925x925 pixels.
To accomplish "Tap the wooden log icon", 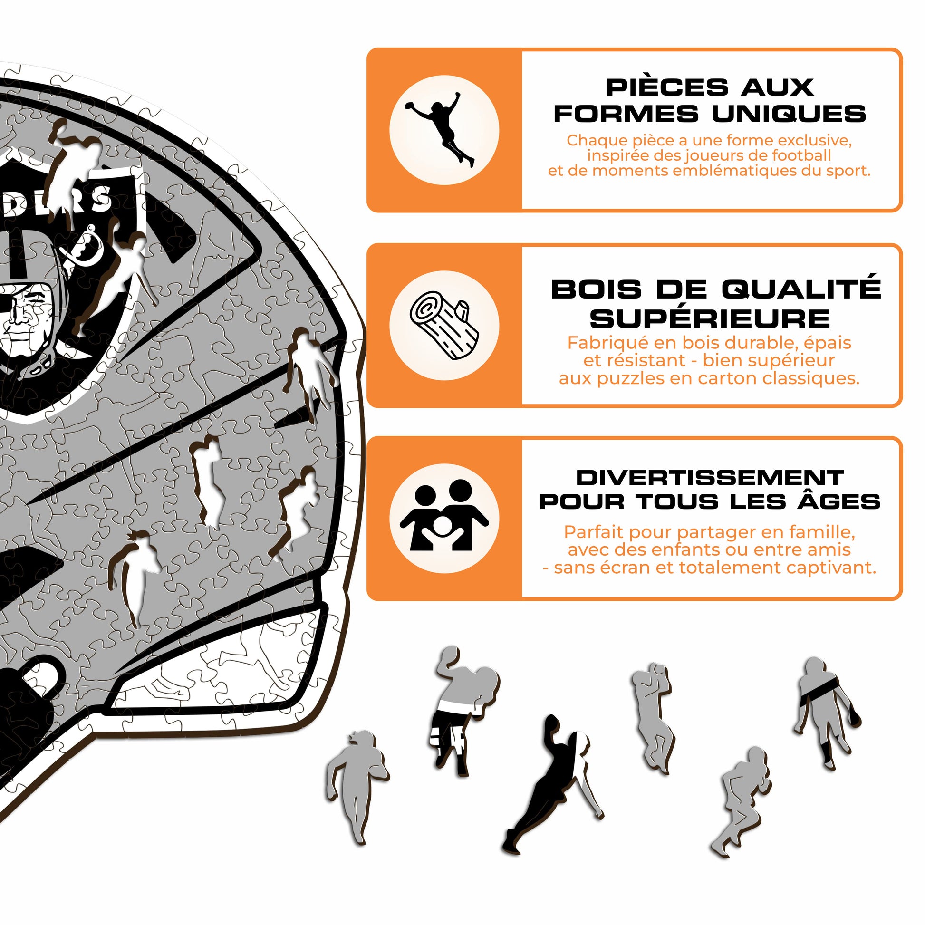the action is (444, 326).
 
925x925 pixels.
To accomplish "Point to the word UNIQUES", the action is (789, 114).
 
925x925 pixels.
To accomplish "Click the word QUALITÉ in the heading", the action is (801, 289).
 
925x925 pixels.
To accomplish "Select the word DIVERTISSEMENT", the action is (710, 477).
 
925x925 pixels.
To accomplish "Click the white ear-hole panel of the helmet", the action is (215, 668).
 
